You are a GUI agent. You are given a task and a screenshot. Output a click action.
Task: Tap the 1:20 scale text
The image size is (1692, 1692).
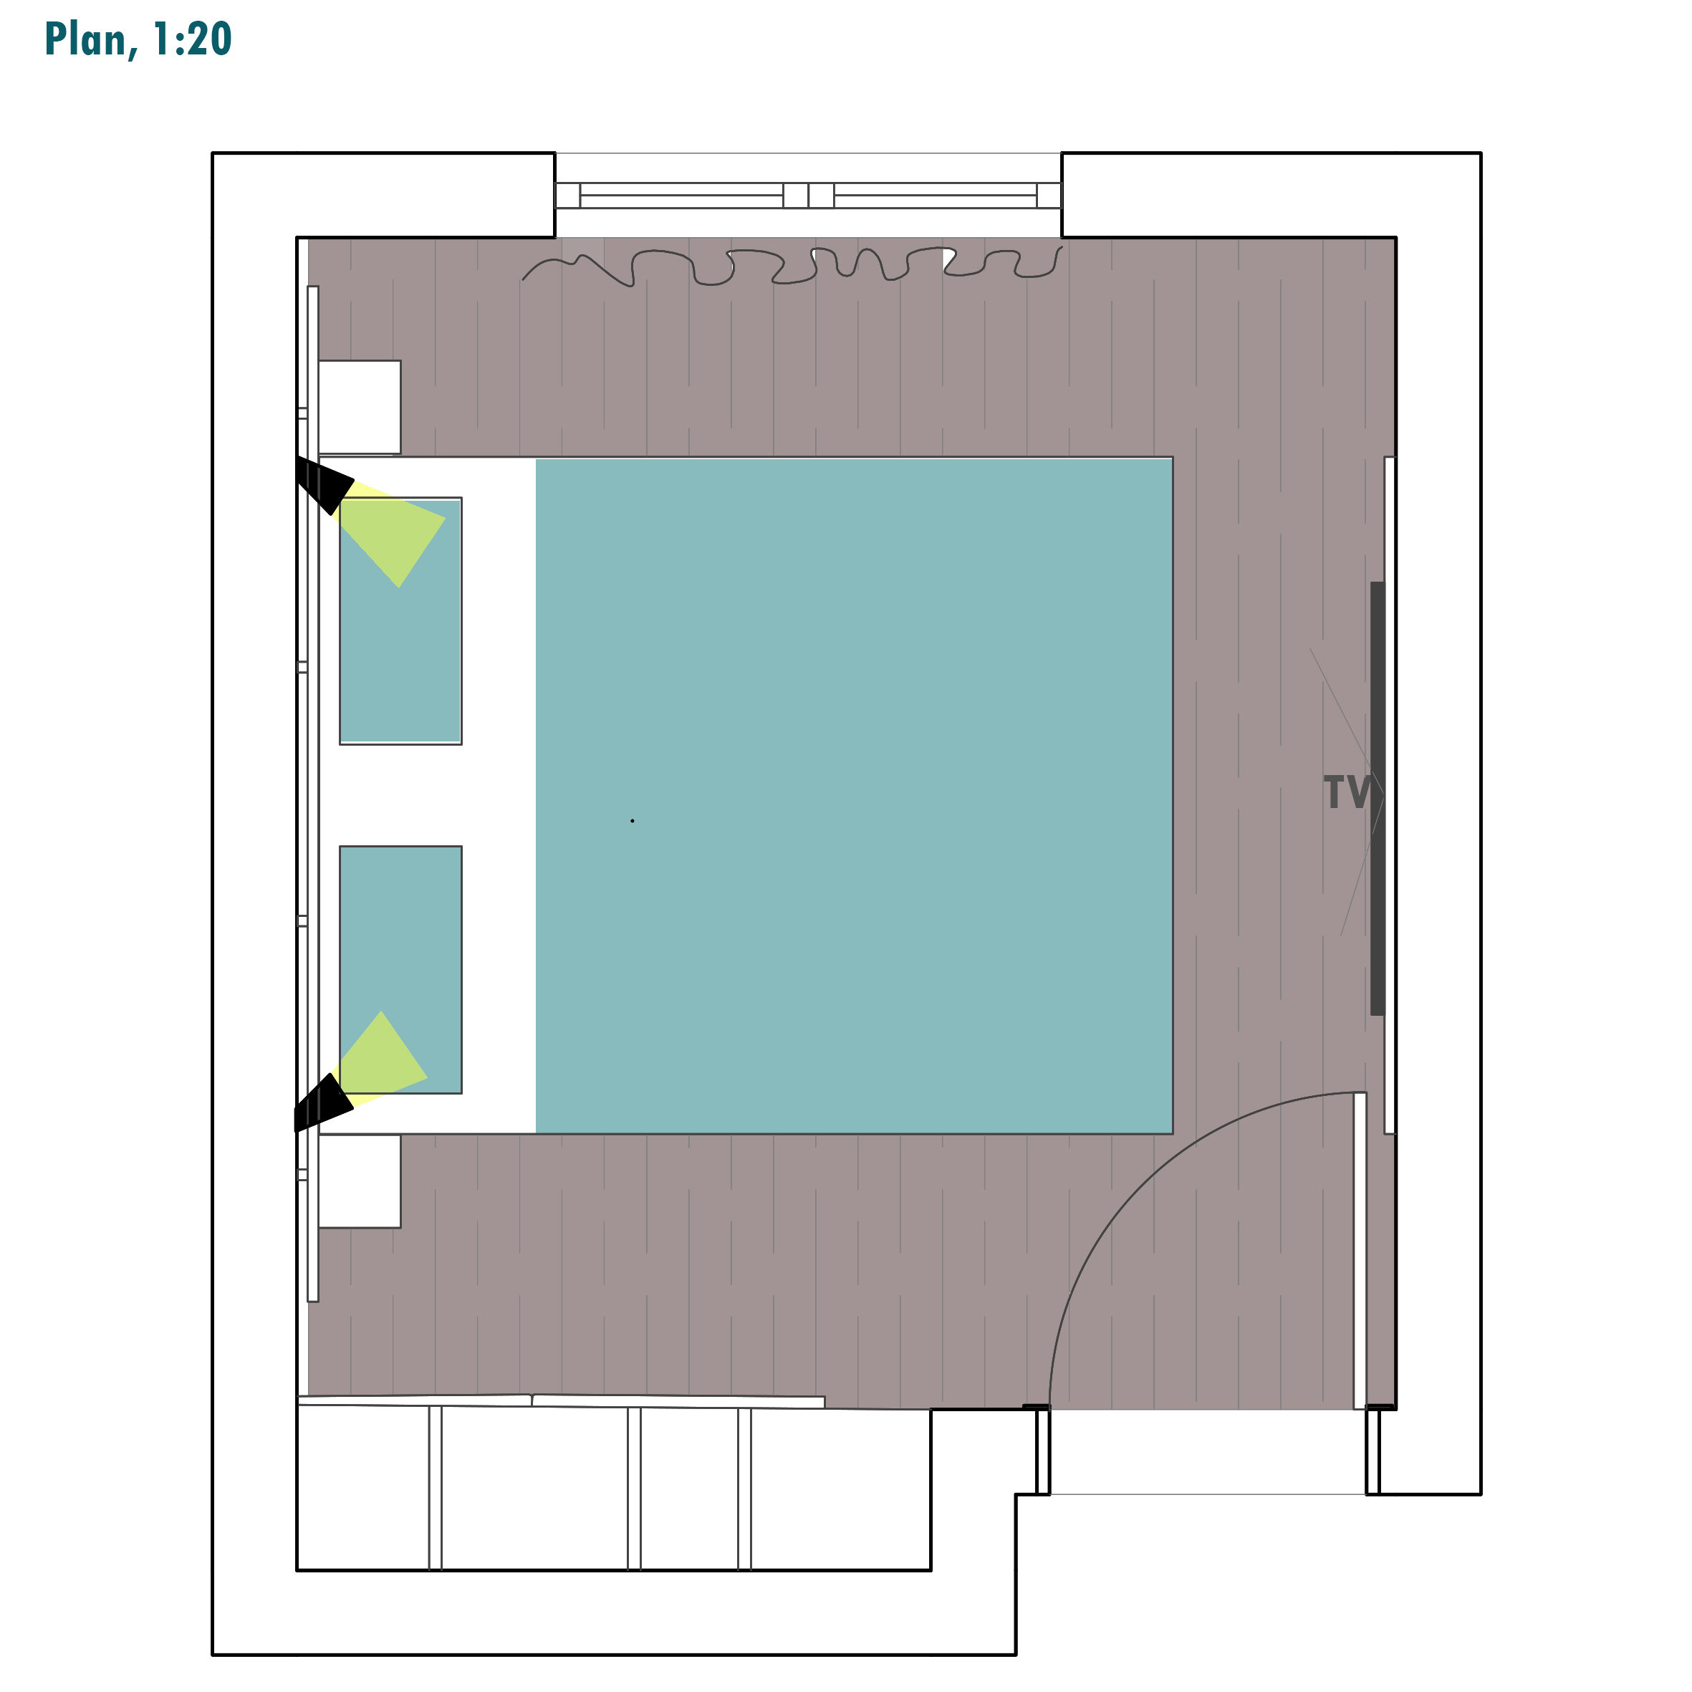192,39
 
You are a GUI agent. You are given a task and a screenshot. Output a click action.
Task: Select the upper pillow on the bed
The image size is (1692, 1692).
401,622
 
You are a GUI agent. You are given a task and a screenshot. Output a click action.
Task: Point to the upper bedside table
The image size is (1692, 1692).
360,407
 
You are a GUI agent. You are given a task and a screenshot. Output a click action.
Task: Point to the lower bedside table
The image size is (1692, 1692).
360,1181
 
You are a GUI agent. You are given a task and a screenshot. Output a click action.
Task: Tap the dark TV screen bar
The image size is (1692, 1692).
1378,799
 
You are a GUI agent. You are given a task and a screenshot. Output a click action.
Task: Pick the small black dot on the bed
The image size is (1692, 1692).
633,821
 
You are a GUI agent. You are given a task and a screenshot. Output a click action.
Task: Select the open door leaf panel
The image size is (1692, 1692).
1360,1251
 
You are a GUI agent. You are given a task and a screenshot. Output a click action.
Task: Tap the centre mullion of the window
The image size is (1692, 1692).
808,196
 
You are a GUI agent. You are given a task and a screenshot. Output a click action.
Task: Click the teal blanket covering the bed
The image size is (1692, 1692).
854,796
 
